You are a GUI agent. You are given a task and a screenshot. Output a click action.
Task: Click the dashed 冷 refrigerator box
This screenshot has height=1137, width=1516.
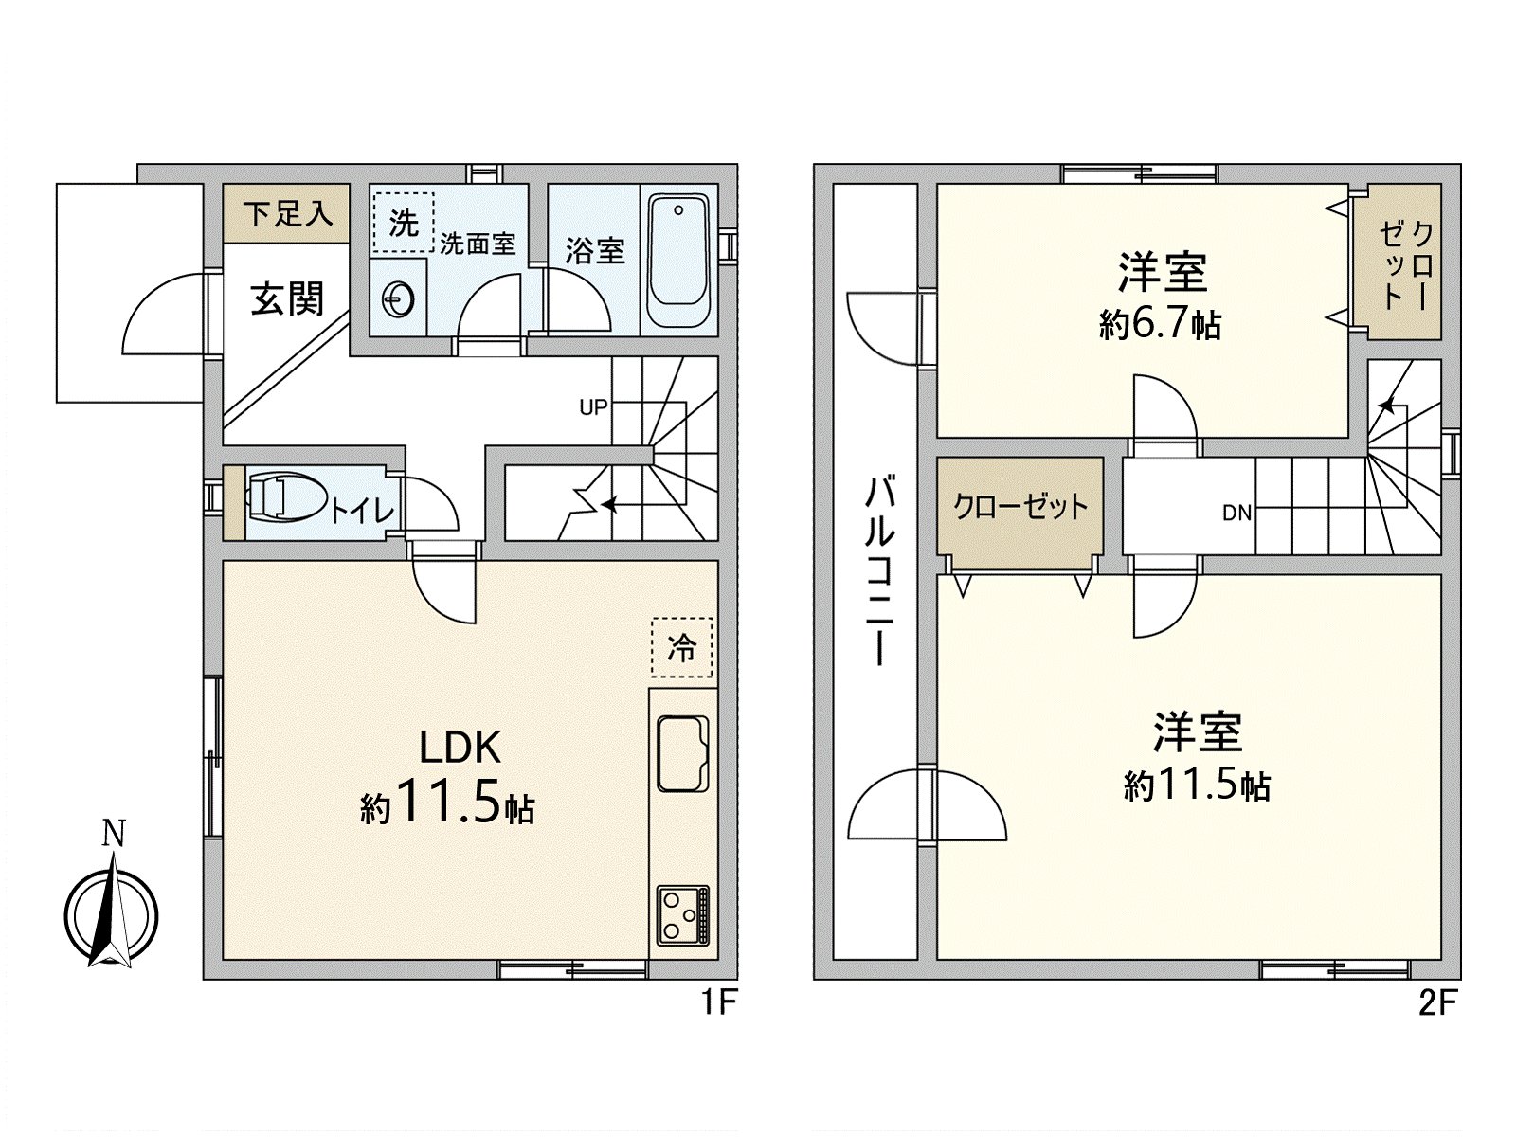681,648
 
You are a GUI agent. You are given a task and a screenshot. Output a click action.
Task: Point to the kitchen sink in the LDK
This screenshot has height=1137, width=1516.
682,754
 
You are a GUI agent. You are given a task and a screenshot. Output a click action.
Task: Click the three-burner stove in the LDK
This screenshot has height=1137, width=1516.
682,914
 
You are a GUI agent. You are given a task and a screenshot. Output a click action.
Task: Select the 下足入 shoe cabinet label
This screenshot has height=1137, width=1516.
287,214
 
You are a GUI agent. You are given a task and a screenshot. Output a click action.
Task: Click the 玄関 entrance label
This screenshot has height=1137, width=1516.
286,299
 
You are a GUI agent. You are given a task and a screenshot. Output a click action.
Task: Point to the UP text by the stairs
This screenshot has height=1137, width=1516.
593,407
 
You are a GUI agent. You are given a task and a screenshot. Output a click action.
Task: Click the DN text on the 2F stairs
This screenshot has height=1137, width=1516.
1236,514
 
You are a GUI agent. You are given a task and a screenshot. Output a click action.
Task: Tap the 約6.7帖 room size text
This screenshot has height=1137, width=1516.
1160,325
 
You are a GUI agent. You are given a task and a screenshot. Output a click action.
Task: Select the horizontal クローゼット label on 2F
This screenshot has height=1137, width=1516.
1020,507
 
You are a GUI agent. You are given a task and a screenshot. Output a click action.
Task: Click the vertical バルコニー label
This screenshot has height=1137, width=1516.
879,571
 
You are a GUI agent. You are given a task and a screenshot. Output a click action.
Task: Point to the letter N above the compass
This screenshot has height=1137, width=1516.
114,834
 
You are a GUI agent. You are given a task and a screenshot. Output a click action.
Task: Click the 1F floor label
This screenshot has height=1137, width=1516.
718,1002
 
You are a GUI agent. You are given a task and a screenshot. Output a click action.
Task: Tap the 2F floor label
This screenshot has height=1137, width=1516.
1436,1002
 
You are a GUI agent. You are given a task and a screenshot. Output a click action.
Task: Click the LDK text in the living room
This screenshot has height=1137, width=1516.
460,748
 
